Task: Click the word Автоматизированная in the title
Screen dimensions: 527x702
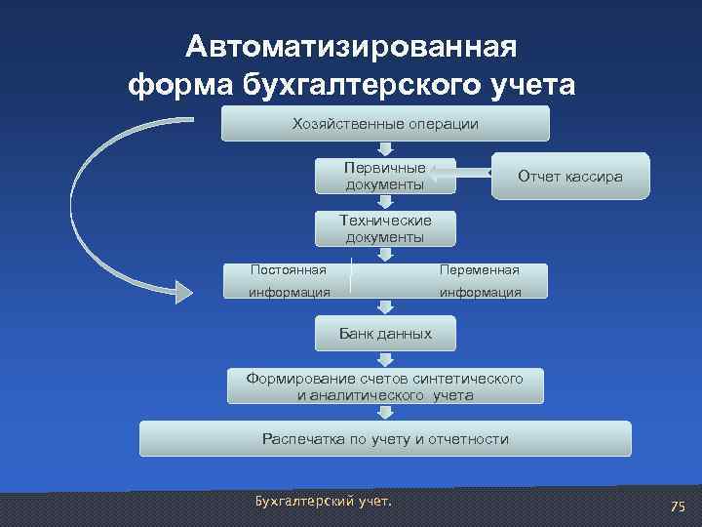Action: click(352, 47)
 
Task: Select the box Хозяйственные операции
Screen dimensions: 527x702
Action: click(385, 124)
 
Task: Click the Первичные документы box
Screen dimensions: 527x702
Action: click(384, 176)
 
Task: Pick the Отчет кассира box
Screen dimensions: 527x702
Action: click(570, 177)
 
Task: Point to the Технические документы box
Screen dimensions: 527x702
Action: click(384, 228)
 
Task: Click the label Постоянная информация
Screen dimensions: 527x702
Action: click(288, 280)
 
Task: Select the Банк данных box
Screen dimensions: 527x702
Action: click(385, 334)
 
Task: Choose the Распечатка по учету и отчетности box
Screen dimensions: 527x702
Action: click(385, 439)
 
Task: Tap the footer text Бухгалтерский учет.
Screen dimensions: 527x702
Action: click(322, 502)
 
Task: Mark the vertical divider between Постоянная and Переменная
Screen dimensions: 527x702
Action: click(351, 278)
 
